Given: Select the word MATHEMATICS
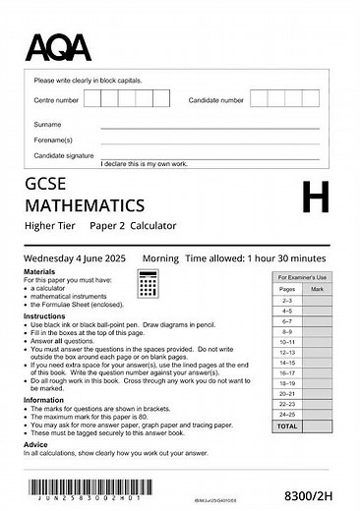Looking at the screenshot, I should (x=85, y=205).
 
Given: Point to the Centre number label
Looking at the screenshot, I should (x=57, y=99).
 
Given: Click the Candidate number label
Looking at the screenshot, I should (x=215, y=99).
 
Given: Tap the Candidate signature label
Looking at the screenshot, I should (x=64, y=155).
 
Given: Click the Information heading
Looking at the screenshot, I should (x=44, y=400).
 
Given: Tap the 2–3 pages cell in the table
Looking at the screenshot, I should (x=286, y=300).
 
